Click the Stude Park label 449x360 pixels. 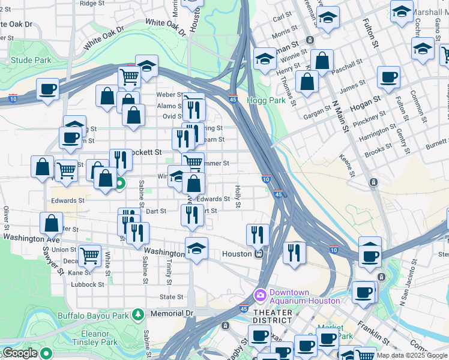31,60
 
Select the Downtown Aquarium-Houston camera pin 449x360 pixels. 261,295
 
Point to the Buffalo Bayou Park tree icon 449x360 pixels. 138,314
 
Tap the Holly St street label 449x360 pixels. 238,197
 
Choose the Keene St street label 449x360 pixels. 347,166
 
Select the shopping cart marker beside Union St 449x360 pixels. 89,256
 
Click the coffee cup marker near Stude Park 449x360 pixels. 47,90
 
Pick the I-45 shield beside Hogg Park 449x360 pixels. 233,100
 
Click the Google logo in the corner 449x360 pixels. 19,353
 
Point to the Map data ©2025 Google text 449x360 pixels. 412,355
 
